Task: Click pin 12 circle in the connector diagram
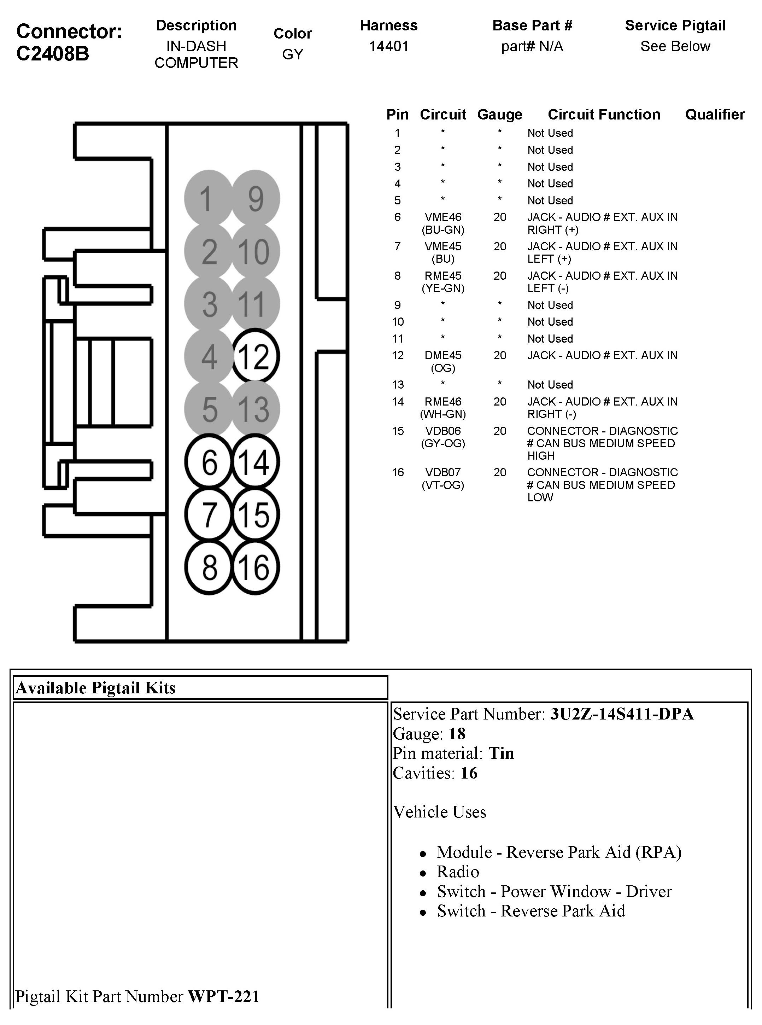click(x=255, y=356)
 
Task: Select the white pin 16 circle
click(x=255, y=567)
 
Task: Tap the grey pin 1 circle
click(x=209, y=198)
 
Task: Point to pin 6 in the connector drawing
click(x=209, y=461)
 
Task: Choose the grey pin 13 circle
click(x=255, y=409)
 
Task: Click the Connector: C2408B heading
click(x=69, y=42)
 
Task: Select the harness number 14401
click(x=388, y=46)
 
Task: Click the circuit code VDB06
click(x=443, y=431)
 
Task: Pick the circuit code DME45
click(x=443, y=355)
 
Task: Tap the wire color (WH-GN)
click(x=443, y=414)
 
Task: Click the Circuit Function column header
click(x=603, y=115)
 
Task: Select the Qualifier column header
click(x=715, y=115)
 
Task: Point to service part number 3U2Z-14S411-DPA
click(x=621, y=714)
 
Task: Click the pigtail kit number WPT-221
click(x=223, y=996)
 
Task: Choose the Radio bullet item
click(x=458, y=872)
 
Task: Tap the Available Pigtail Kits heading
click(x=95, y=688)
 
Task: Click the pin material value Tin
click(x=501, y=753)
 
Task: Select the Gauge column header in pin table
click(x=499, y=115)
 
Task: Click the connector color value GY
click(x=292, y=54)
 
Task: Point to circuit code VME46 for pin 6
click(x=443, y=217)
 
